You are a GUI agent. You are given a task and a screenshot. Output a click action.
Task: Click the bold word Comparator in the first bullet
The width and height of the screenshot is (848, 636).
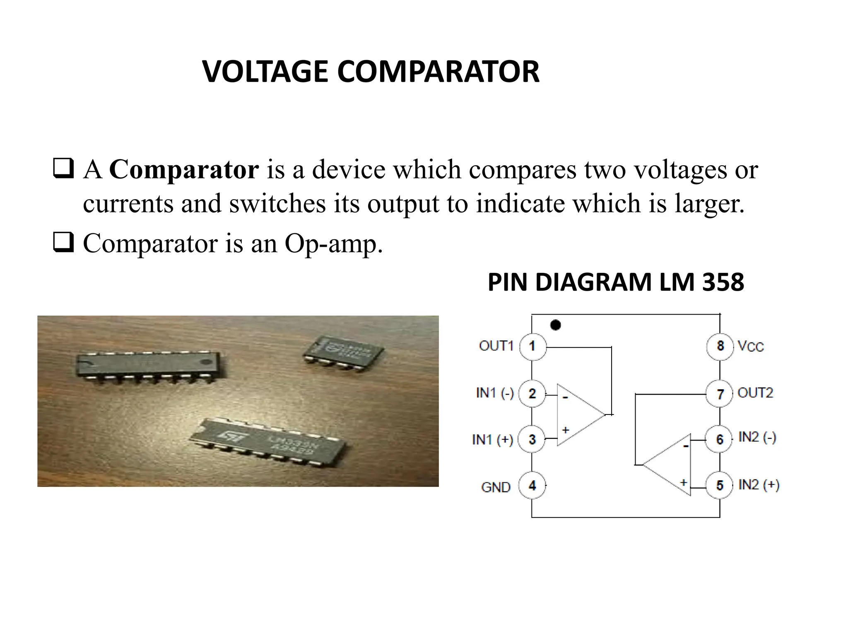click(184, 169)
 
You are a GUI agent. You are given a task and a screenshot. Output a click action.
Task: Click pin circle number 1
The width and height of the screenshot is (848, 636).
click(532, 346)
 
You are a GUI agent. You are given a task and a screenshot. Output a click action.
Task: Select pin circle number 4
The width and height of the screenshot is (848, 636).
click(532, 485)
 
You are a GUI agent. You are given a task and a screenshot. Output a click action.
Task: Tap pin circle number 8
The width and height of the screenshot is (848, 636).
click(720, 346)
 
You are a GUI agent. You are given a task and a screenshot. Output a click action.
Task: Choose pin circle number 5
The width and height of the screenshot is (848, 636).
click(720, 485)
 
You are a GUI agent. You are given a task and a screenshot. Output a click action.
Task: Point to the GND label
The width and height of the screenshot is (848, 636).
click(496, 487)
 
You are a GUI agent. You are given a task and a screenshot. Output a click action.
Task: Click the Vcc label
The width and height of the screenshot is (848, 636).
click(751, 346)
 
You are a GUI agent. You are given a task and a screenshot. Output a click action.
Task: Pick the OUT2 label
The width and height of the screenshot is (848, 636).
click(755, 393)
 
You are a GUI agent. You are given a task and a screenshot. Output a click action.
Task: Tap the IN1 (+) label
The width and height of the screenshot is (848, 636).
click(492, 439)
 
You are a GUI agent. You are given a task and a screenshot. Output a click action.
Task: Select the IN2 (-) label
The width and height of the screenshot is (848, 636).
click(757, 437)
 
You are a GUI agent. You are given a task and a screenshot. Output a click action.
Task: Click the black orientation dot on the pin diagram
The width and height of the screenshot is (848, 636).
click(556, 325)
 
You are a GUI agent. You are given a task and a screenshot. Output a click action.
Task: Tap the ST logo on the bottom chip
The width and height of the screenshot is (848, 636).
click(227, 434)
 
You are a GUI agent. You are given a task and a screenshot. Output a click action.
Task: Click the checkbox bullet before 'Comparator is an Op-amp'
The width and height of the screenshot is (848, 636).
click(63, 243)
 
